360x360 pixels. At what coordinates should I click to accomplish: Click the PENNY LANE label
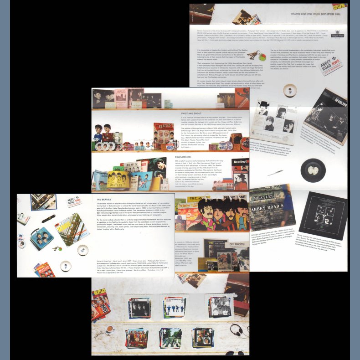(237, 199)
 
